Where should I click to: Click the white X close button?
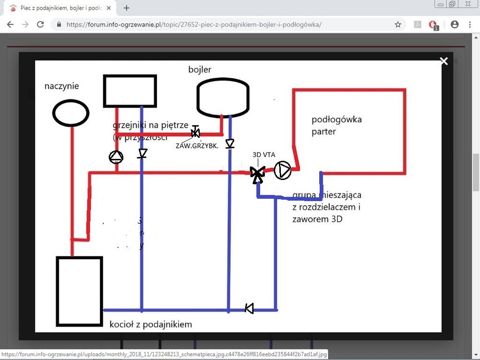coord(444,61)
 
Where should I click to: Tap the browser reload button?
coord(40,24)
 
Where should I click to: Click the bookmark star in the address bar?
coord(398,24)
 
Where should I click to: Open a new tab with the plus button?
coord(127,8)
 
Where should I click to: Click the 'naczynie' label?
coord(61,86)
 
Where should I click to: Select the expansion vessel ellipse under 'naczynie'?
coord(71,113)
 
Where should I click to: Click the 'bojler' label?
coord(200,70)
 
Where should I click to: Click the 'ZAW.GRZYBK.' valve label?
coord(197,145)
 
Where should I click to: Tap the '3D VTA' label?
coord(264,156)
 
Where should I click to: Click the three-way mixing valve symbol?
coord(258,173)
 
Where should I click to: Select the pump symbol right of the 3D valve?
coord(283,170)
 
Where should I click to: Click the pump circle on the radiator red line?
coord(116,157)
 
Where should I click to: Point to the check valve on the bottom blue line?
coord(249,308)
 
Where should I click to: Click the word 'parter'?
coord(324,131)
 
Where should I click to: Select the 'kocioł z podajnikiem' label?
coord(151,324)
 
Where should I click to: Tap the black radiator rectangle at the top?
coord(130,91)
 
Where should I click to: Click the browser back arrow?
coord(11,24)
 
